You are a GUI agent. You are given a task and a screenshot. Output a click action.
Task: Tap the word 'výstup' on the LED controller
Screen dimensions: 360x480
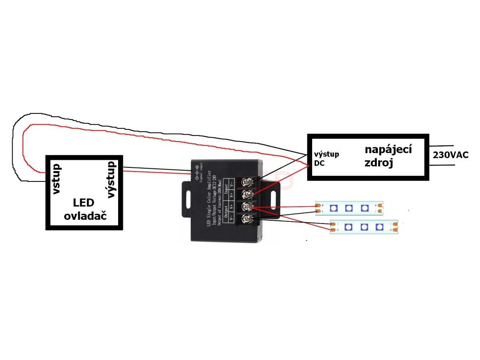coord(111,180)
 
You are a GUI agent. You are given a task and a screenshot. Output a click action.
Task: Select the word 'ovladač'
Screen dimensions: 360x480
coord(85,217)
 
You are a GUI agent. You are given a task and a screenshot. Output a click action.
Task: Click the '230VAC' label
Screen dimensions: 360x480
coord(451,155)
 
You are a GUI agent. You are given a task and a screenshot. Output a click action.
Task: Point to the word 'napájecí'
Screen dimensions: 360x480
coord(388,150)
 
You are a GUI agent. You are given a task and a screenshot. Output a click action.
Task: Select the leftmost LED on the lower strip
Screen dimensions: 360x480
coord(348,228)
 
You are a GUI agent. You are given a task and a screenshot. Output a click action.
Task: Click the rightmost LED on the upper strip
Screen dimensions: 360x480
coord(365,208)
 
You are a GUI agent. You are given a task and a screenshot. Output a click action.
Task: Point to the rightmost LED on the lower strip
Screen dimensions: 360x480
coord(380,228)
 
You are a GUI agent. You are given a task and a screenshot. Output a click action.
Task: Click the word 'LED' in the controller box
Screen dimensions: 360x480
coord(84,203)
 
